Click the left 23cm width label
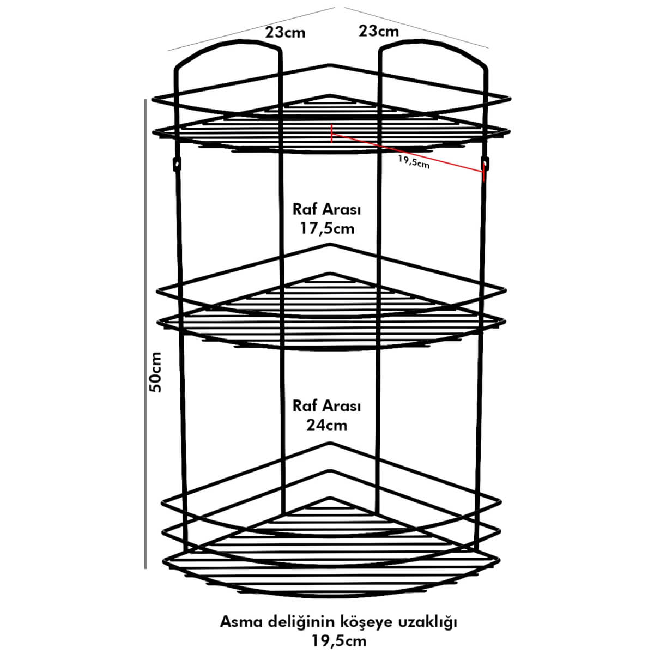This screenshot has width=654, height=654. coord(285,32)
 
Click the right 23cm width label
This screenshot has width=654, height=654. coord(378,31)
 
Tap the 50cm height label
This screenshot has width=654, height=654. coord(155,372)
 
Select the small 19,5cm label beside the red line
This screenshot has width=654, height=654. coord(414,162)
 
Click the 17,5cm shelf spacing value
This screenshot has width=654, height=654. coord(327,228)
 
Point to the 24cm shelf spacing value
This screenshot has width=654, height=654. coord(327,425)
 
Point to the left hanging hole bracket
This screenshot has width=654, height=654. coord(177,164)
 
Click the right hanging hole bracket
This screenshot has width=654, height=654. coord(486,163)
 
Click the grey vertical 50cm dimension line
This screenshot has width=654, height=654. coord(146,334)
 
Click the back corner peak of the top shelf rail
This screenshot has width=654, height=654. coord(328,65)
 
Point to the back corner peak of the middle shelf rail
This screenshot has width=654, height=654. coord(328,245)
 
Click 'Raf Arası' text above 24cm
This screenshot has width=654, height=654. coord(327,406)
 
